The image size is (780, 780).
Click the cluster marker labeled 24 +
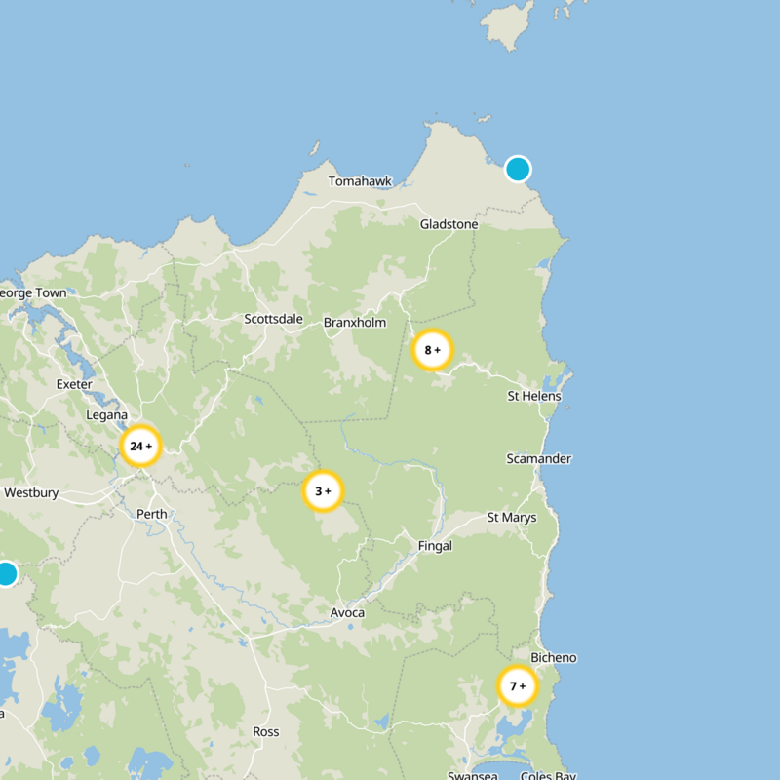140,447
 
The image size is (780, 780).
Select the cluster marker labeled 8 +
432,350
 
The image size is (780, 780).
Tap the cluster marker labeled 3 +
323,491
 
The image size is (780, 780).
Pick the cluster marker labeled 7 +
517,686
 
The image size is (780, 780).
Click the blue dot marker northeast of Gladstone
518,169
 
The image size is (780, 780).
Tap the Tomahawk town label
360,181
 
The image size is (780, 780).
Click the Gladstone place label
448,224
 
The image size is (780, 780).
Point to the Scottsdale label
273,319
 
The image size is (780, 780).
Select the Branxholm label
355,323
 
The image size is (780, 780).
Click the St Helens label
534,396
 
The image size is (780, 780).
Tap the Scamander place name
539,458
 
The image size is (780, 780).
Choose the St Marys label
512,517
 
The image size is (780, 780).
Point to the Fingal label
435,546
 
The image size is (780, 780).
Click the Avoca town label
347,612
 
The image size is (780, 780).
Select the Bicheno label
554,658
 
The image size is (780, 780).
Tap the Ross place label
265,731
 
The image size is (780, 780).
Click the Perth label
152,514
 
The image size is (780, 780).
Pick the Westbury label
31,493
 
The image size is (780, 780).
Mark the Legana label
107,414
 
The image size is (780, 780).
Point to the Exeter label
74,384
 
